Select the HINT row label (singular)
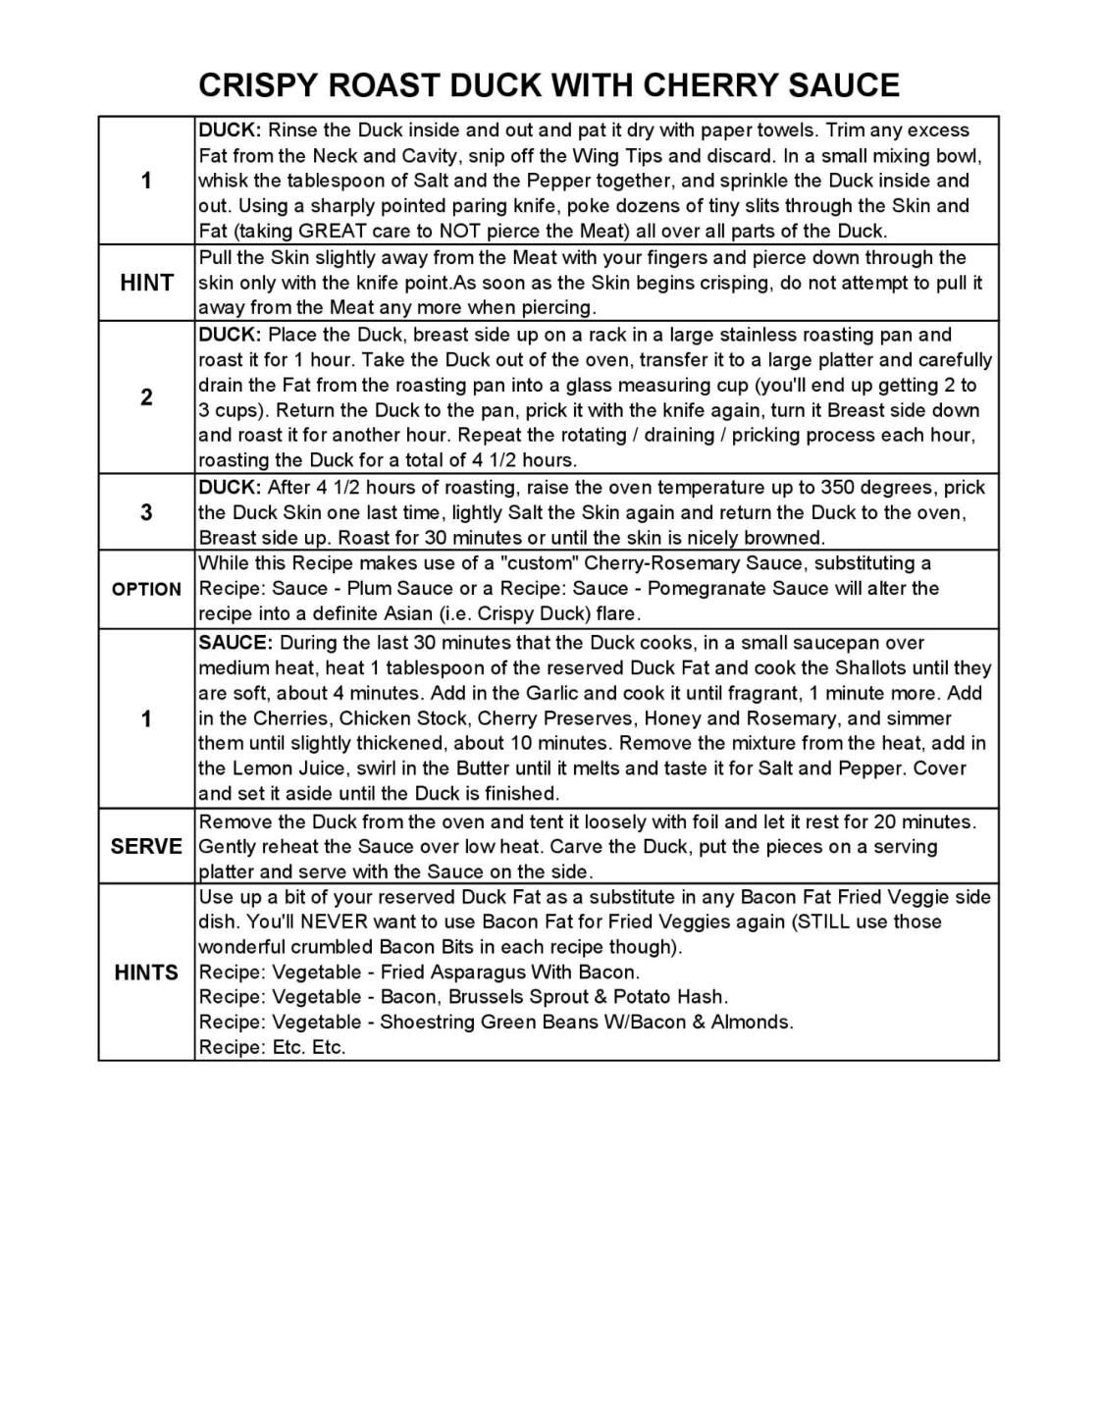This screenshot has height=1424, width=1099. [x=146, y=283]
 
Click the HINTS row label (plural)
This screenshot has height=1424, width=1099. [x=146, y=973]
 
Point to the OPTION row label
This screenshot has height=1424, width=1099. [x=146, y=589]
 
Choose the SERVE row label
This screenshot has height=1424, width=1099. [x=146, y=846]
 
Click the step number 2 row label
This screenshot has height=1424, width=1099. [x=146, y=397]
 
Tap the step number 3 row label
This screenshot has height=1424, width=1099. [x=146, y=512]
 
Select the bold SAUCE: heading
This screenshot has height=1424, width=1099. [x=235, y=643]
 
